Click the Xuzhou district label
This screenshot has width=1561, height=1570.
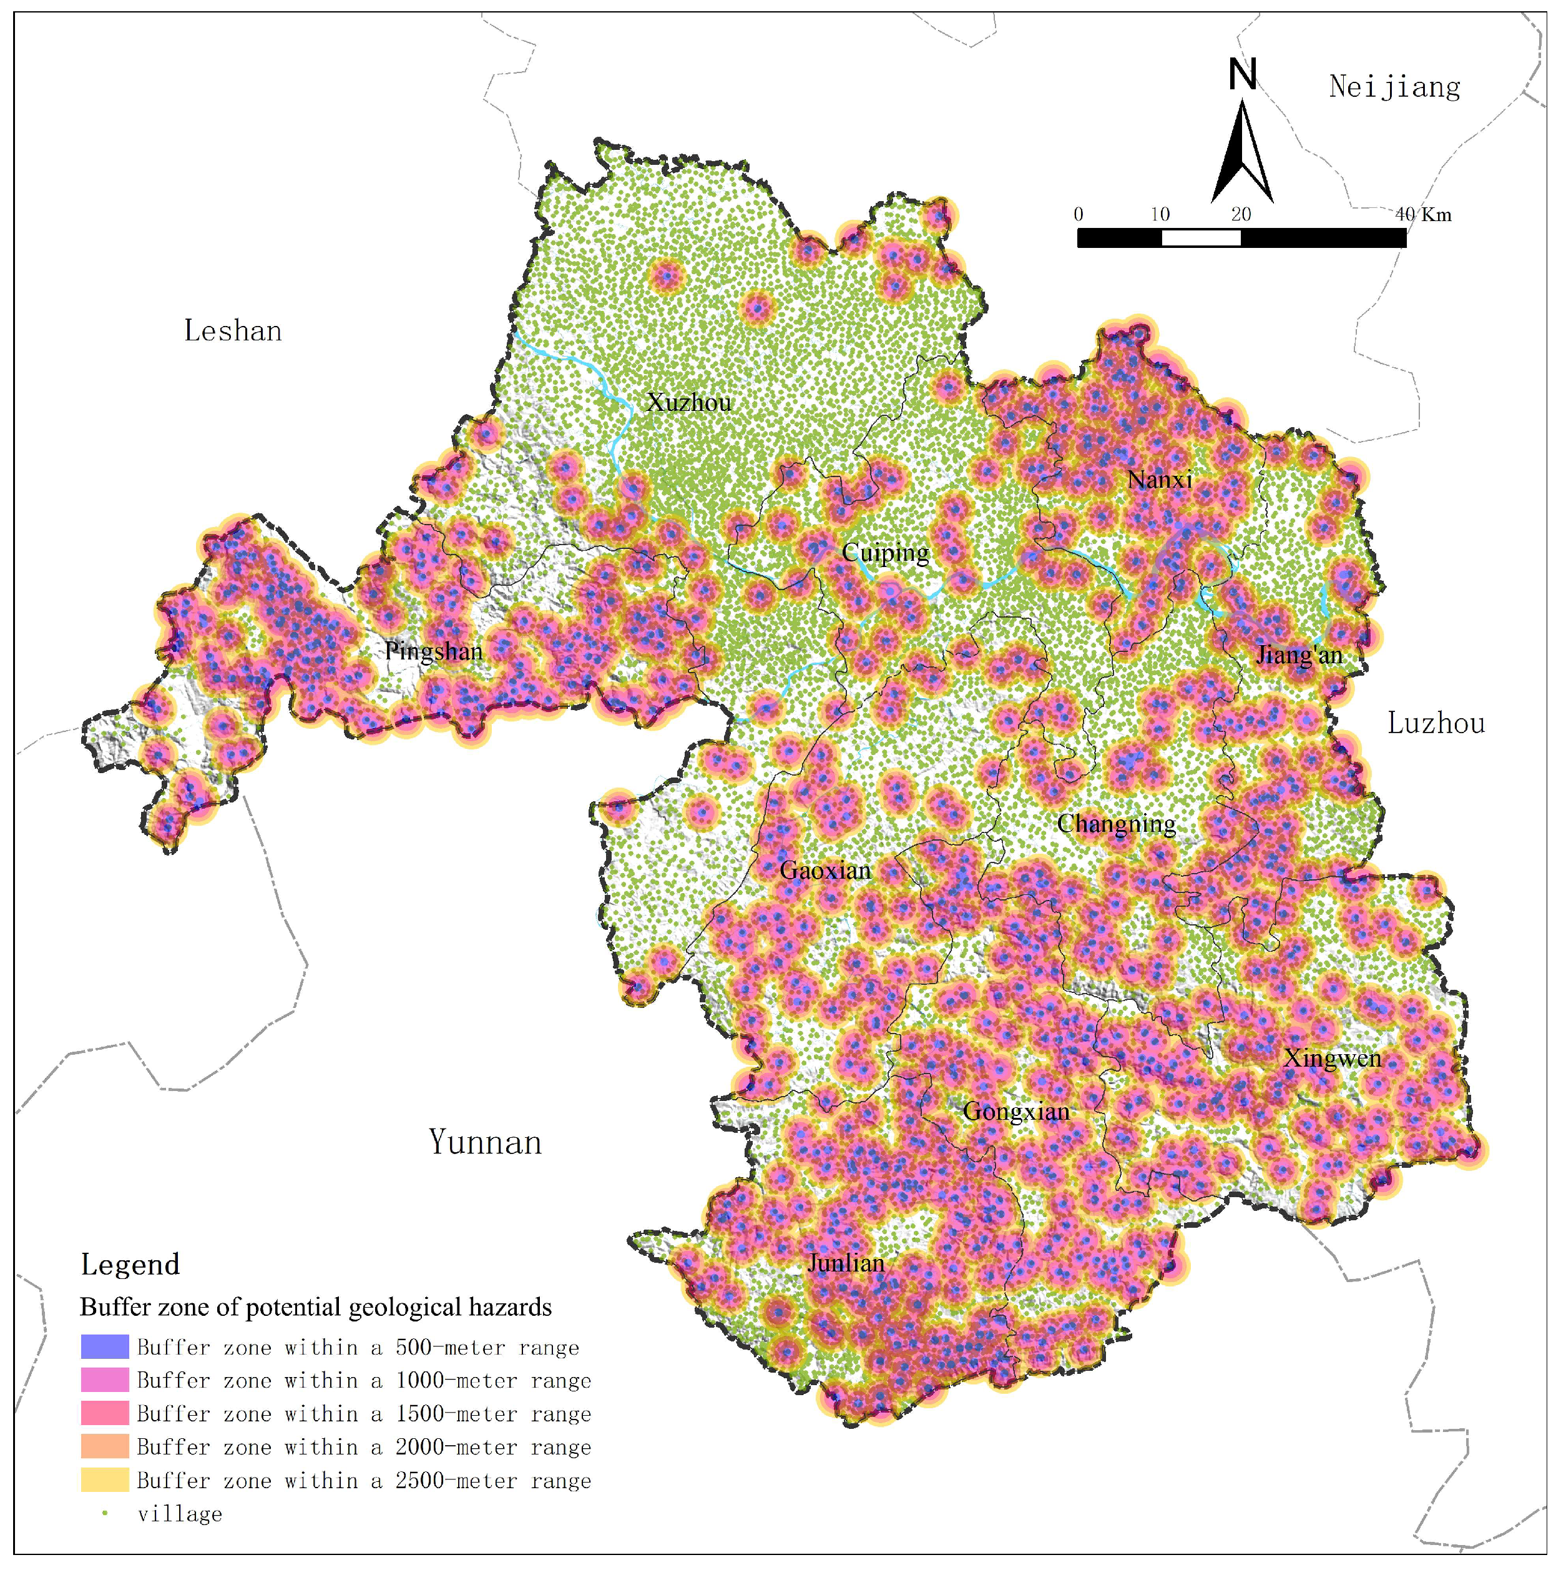(688, 403)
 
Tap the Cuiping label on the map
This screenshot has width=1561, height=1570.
(885, 553)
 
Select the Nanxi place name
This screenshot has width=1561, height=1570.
(1160, 480)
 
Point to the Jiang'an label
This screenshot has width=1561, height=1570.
(1299, 655)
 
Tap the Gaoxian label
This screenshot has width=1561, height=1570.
(825, 871)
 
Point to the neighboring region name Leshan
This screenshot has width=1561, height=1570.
(233, 332)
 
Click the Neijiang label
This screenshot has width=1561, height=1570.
(1394, 87)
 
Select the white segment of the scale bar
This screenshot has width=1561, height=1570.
(1201, 238)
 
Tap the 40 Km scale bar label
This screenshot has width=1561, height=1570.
(1424, 215)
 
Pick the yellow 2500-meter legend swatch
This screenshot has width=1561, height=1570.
(105, 1481)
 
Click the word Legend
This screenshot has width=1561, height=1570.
(130, 1265)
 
